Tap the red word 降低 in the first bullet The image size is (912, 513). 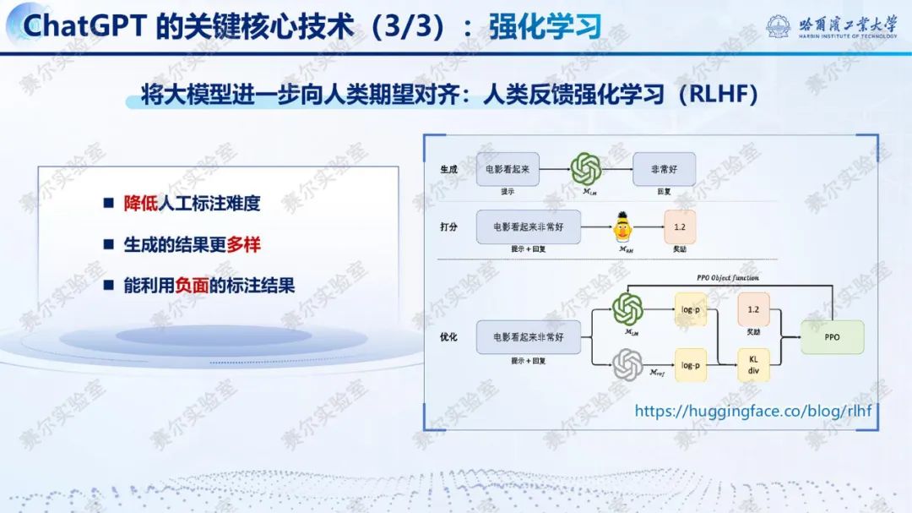(140, 203)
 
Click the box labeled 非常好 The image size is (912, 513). (664, 169)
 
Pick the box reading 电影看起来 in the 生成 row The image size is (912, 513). (508, 169)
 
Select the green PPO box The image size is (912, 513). (833, 337)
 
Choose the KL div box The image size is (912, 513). (753, 364)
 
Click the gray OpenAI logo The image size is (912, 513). (627, 365)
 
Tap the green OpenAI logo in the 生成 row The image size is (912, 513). (585, 169)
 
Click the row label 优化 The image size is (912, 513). (448, 337)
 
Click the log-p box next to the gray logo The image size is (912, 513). (691, 365)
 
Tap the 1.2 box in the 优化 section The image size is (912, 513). (753, 310)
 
